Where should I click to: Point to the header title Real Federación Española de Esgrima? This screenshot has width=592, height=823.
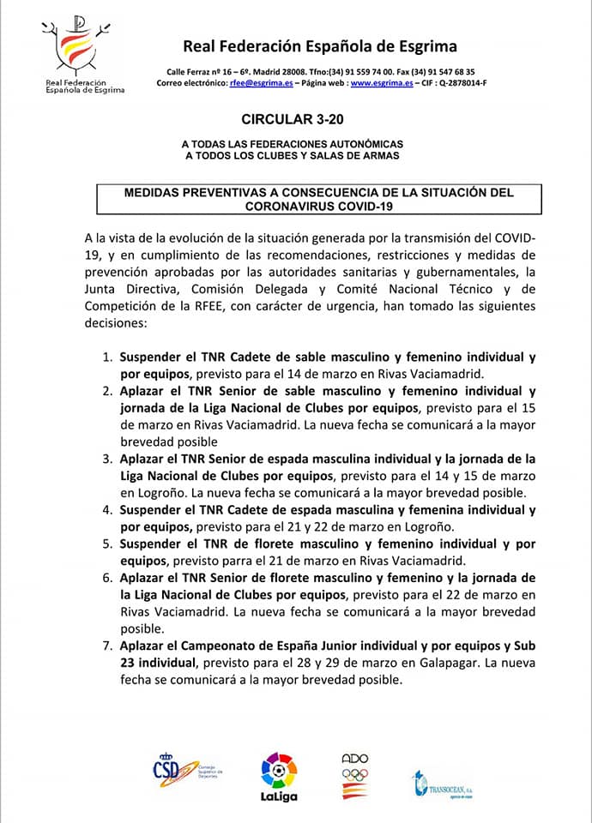click(320, 46)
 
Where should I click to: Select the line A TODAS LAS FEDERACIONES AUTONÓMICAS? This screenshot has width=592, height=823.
click(292, 144)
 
